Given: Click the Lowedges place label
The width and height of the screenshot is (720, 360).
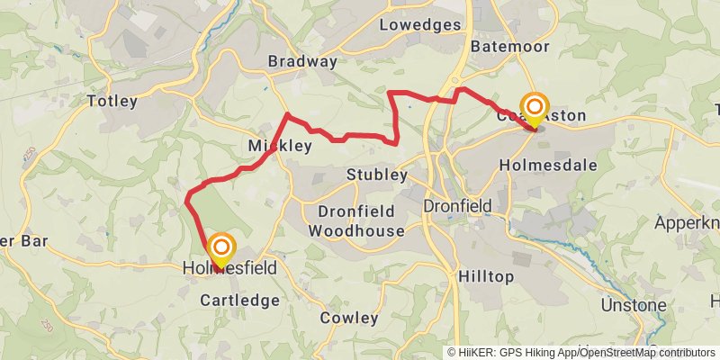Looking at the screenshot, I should point(420,24).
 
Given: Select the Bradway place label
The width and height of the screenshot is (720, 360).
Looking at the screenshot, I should point(302,61).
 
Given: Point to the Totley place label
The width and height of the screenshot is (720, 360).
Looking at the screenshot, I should point(112,101).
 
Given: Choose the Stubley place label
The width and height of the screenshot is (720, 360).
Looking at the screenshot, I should point(377,175).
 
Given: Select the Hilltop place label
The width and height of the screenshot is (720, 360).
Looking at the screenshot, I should point(487,275).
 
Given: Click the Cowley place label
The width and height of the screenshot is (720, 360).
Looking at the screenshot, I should point(348,318).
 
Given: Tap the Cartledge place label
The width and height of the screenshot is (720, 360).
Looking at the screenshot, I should point(239,300).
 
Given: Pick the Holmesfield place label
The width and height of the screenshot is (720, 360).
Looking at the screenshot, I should point(229,268).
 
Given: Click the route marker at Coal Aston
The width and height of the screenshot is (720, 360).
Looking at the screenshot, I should point(535,110).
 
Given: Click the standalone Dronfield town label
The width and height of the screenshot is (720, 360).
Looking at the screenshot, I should point(458,206).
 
